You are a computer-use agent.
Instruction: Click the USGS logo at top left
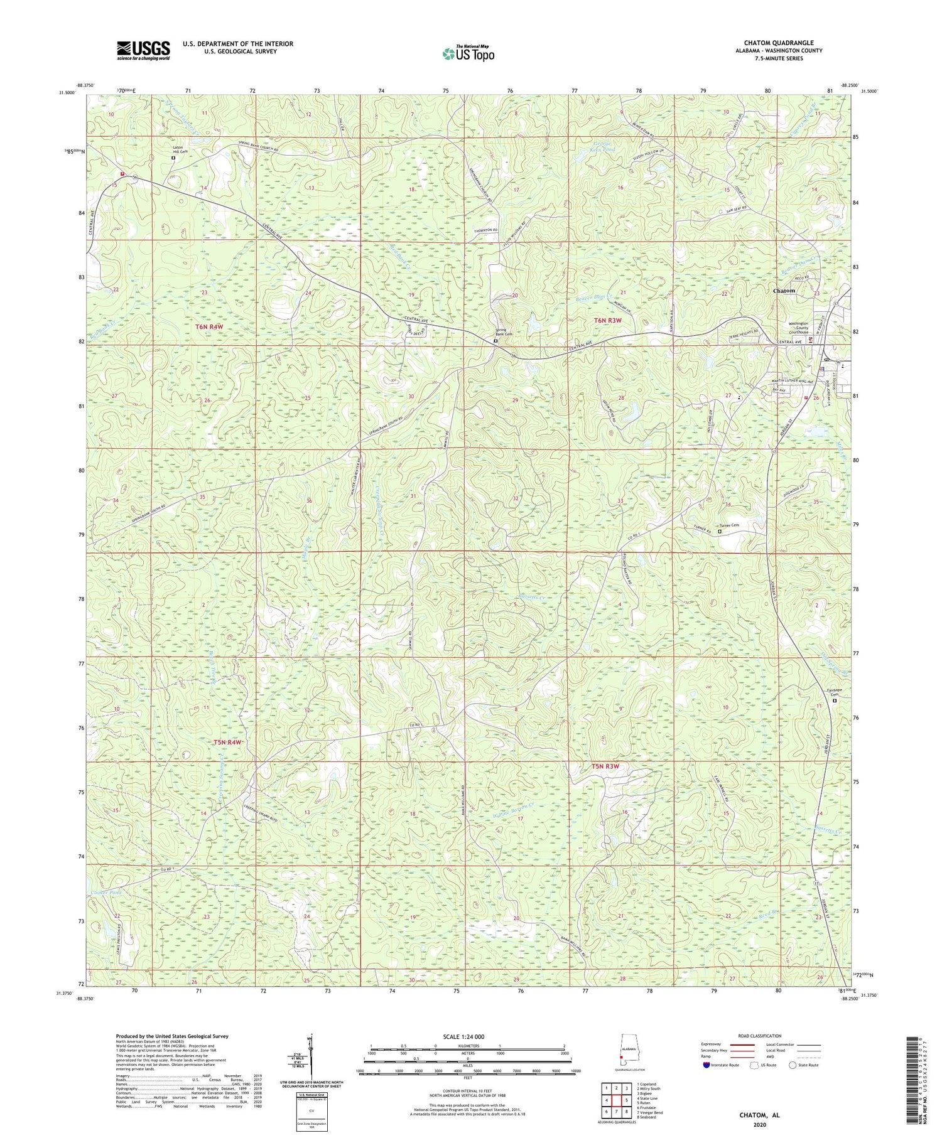[x=143, y=50]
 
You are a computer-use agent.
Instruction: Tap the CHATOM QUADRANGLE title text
[x=778, y=43]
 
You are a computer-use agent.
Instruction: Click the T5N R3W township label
[x=605, y=766]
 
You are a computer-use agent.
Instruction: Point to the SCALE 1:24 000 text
[x=467, y=1036]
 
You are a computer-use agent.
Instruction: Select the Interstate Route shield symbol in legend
[x=706, y=1065]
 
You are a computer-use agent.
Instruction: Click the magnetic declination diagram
[x=311, y=1058]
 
